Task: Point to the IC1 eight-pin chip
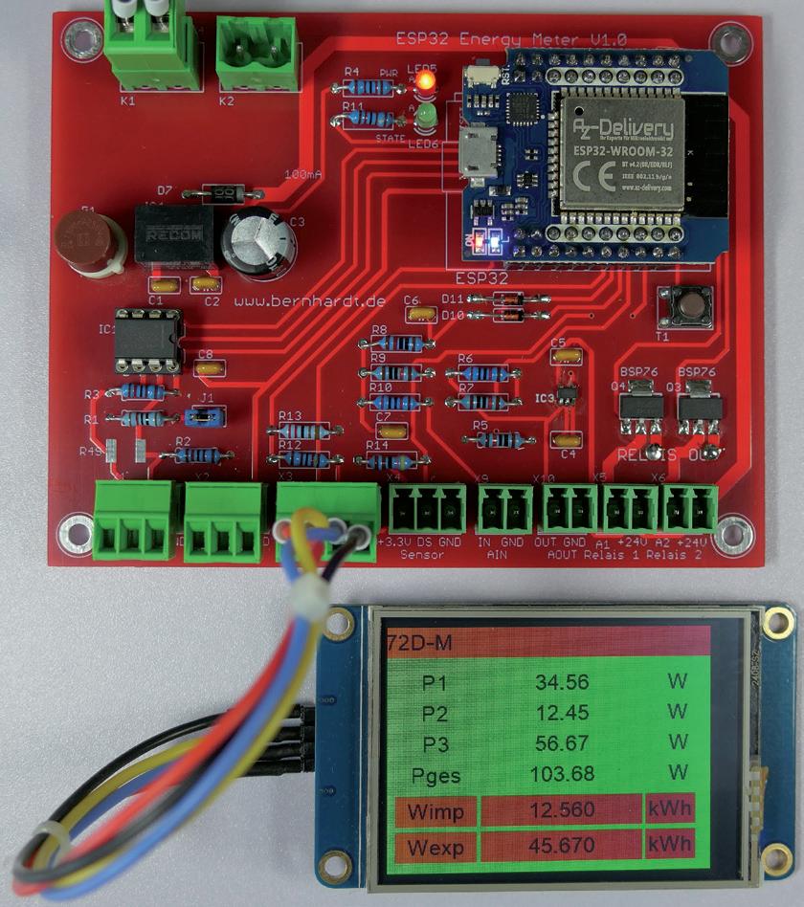tap(148, 340)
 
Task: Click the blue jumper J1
tap(205, 415)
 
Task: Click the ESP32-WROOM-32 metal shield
tap(622, 148)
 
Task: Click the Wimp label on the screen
tap(435, 811)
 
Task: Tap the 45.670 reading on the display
tap(562, 846)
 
